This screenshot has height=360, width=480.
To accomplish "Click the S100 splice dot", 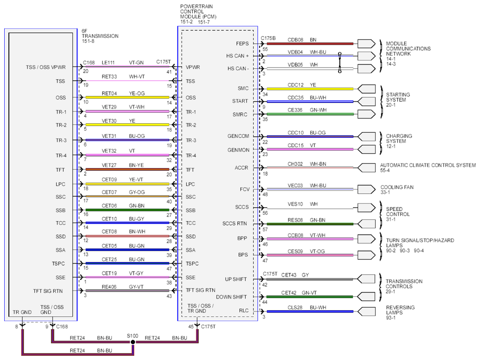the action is [x=133, y=342].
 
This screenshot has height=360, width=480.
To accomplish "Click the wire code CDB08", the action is [x=295, y=40].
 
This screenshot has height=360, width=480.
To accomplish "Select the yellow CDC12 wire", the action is [x=310, y=89].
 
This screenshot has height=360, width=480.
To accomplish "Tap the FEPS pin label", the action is [x=242, y=43].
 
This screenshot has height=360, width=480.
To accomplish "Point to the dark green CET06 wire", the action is [x=128, y=210].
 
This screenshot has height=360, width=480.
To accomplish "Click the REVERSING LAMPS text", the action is [x=400, y=310].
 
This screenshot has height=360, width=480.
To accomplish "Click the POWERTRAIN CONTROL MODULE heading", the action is [x=198, y=11].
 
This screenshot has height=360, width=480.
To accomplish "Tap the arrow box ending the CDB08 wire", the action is [x=366, y=44].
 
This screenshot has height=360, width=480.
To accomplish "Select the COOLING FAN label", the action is [x=397, y=187].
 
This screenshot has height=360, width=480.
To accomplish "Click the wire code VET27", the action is [x=109, y=165].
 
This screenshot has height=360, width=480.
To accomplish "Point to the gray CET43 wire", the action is [x=310, y=279].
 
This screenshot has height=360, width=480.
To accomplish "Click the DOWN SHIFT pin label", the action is [x=231, y=297].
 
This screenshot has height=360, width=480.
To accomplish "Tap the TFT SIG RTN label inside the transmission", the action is [x=48, y=291].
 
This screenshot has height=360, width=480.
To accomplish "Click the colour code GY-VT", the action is [x=136, y=287].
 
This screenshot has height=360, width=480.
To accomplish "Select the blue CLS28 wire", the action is [x=310, y=312].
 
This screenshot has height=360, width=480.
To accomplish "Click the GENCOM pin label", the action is [x=238, y=136].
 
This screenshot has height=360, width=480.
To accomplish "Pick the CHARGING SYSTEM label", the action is [x=399, y=138].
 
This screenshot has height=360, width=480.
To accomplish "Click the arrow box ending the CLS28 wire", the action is [x=366, y=312].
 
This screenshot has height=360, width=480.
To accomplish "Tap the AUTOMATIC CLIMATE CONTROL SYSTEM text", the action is [x=428, y=165].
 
